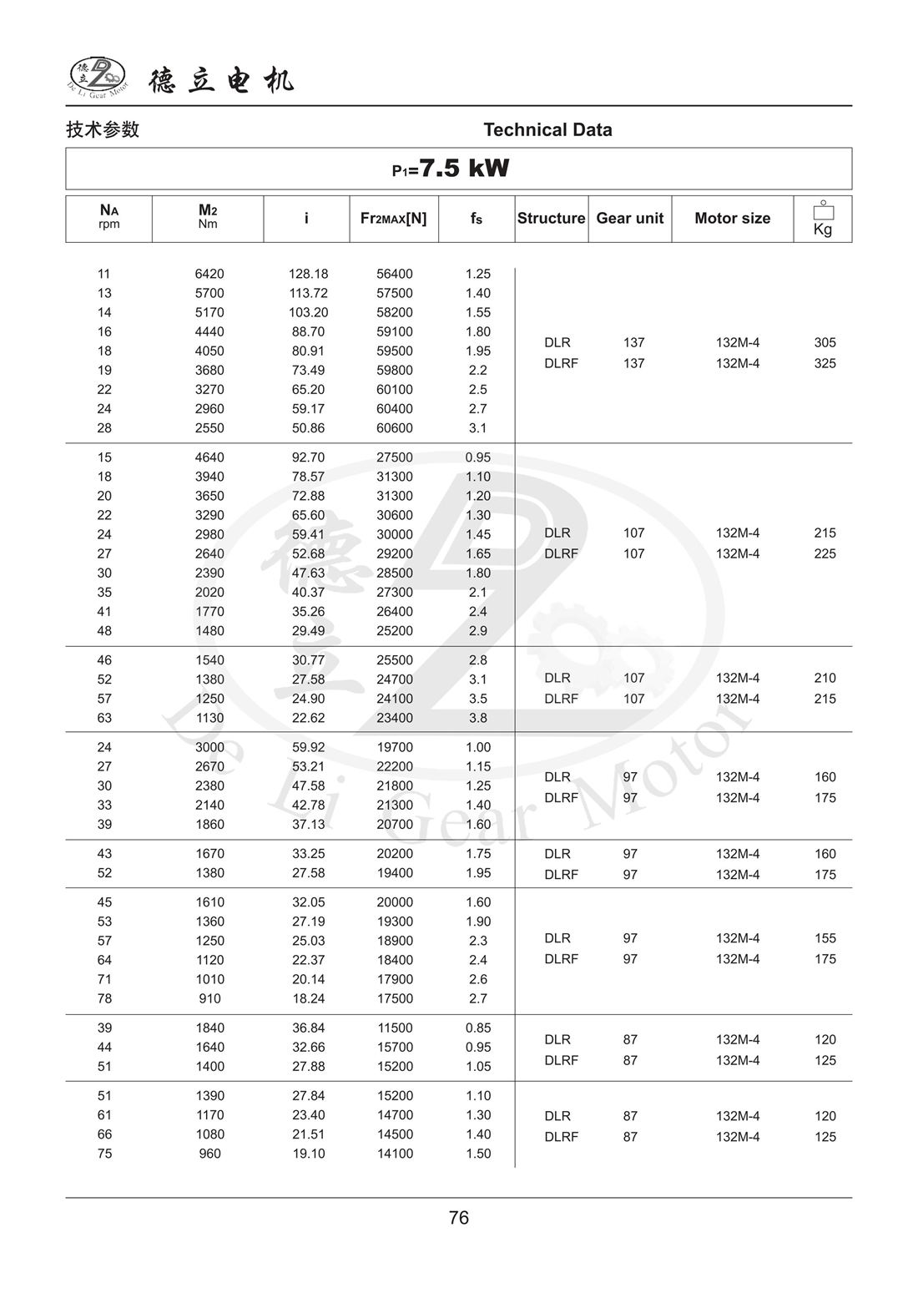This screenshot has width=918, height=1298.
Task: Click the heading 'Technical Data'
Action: click(x=547, y=130)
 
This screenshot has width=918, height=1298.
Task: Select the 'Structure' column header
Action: click(x=551, y=219)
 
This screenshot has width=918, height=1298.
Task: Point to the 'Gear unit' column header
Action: click(x=629, y=219)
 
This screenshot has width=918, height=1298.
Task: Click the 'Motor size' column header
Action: click(x=732, y=219)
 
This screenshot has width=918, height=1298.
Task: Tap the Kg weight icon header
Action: click(x=823, y=219)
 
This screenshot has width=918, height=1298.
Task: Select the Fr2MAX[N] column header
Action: click(x=393, y=219)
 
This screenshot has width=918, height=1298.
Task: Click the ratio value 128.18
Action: click(x=308, y=274)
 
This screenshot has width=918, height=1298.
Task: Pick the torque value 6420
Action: click(x=209, y=274)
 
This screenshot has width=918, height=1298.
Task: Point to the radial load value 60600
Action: click(x=394, y=428)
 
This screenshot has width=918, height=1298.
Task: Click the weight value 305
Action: click(x=825, y=343)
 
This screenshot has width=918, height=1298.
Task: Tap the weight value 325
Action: click(x=825, y=364)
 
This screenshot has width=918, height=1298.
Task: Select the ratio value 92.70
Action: click(x=308, y=457)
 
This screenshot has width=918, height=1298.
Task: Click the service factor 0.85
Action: click(x=478, y=1028)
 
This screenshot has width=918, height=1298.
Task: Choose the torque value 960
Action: click(x=209, y=1154)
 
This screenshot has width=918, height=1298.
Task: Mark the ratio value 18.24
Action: click(x=308, y=999)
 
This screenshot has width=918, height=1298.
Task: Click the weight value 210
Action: click(x=825, y=679)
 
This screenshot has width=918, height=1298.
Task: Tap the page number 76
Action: click(x=459, y=1218)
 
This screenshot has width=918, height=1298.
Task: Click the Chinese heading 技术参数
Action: click(x=103, y=130)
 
